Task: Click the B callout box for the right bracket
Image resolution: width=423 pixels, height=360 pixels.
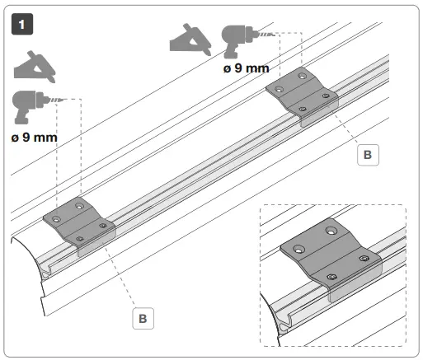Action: click(x=368, y=153)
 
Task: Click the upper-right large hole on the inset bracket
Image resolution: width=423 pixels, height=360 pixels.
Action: click(x=331, y=231)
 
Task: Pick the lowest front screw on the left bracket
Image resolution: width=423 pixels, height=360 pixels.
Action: click(x=80, y=238)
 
